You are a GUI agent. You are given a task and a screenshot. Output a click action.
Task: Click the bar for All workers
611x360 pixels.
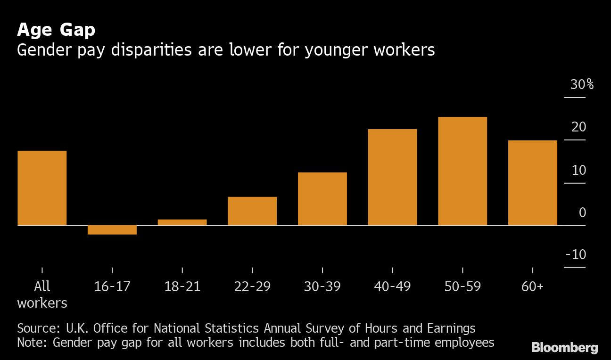[42, 188]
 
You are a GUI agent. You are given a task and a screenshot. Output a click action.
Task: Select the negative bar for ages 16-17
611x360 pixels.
[112, 230]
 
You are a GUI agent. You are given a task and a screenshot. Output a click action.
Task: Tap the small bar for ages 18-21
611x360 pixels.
[182, 222]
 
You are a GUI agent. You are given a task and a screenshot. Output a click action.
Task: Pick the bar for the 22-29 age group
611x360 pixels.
[252, 211]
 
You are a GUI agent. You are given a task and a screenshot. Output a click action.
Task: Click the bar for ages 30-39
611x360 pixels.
[322, 199]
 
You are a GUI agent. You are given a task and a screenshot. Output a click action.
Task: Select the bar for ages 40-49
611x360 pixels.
[392, 177]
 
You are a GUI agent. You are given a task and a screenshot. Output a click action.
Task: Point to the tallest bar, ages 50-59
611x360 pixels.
[462, 171]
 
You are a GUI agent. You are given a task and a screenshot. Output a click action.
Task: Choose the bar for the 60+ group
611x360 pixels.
[532, 183]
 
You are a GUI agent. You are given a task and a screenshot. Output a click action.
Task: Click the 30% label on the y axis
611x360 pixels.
[581, 85]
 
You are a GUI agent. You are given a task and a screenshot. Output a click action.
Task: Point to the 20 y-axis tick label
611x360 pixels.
[578, 127]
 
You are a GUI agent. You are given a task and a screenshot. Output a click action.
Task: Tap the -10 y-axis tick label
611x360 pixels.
[576, 255]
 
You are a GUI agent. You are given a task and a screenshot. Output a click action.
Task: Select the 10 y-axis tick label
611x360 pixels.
[578, 170]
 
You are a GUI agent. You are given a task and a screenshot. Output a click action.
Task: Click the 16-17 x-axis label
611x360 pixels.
[112, 286]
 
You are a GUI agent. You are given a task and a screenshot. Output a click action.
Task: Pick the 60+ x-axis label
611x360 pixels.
[532, 286]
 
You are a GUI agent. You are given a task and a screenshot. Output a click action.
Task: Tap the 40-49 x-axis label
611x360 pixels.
[392, 286]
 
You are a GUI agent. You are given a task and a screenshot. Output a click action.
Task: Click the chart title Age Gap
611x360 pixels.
[56, 30]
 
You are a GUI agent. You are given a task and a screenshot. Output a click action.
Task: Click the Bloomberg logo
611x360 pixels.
[564, 348]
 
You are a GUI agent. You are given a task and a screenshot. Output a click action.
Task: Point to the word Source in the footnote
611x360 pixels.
[36, 328]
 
